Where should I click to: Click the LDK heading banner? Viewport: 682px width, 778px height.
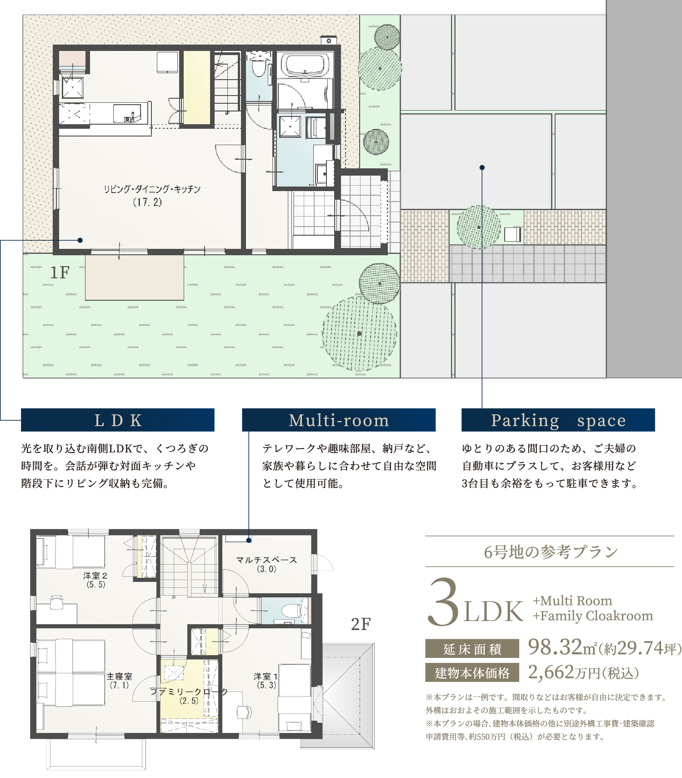(x=118, y=420)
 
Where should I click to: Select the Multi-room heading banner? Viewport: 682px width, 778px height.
(x=339, y=420)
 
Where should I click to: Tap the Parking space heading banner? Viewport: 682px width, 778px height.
(x=558, y=420)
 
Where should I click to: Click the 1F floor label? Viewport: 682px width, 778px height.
(x=60, y=273)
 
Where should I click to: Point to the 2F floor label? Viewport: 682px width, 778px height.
(x=361, y=624)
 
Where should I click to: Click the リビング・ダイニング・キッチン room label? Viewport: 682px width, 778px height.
(x=152, y=189)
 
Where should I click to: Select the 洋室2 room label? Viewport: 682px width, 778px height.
(x=95, y=576)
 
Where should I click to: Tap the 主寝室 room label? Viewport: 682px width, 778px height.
(x=120, y=677)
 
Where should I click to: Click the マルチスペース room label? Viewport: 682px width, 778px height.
(x=266, y=560)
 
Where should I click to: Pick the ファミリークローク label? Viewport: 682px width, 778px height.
(x=189, y=692)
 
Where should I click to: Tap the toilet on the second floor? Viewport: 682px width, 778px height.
(x=291, y=610)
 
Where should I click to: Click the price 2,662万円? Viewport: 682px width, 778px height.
(x=583, y=672)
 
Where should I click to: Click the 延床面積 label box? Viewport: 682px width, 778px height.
(x=472, y=649)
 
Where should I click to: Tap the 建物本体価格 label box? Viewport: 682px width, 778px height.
(x=472, y=672)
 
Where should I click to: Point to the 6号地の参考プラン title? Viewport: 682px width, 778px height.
(x=551, y=552)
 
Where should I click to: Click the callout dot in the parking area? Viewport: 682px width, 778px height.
(x=482, y=167)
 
